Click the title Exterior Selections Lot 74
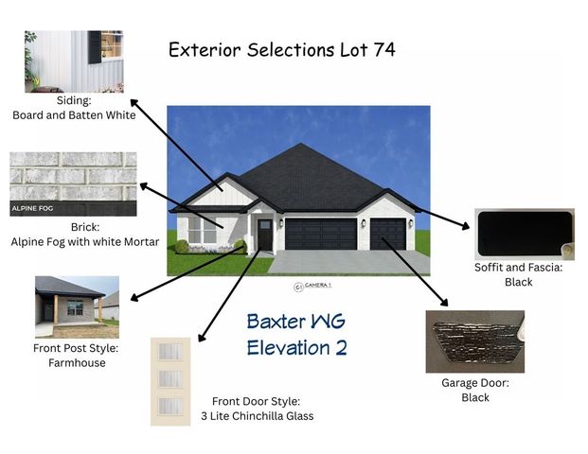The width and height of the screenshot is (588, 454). pos(281,49)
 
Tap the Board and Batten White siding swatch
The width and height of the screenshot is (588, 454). pos(75,61)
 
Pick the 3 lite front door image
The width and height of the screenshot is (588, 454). pos(170,380)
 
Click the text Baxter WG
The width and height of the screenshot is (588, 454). pos(296,323)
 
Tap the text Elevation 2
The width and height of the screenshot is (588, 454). pos(296,348)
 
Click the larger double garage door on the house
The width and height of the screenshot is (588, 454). pos(320,234)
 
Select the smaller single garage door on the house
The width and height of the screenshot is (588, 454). pos(387,234)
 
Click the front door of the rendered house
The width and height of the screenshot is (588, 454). pos(265,235)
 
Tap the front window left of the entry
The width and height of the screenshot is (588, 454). pos(203,230)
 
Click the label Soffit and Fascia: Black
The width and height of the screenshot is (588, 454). pos(518,275)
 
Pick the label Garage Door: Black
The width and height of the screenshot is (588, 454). pos(475,391)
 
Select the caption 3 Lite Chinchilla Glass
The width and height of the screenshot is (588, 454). pos(257,416)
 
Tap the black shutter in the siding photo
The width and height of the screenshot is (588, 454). pos(96,46)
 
